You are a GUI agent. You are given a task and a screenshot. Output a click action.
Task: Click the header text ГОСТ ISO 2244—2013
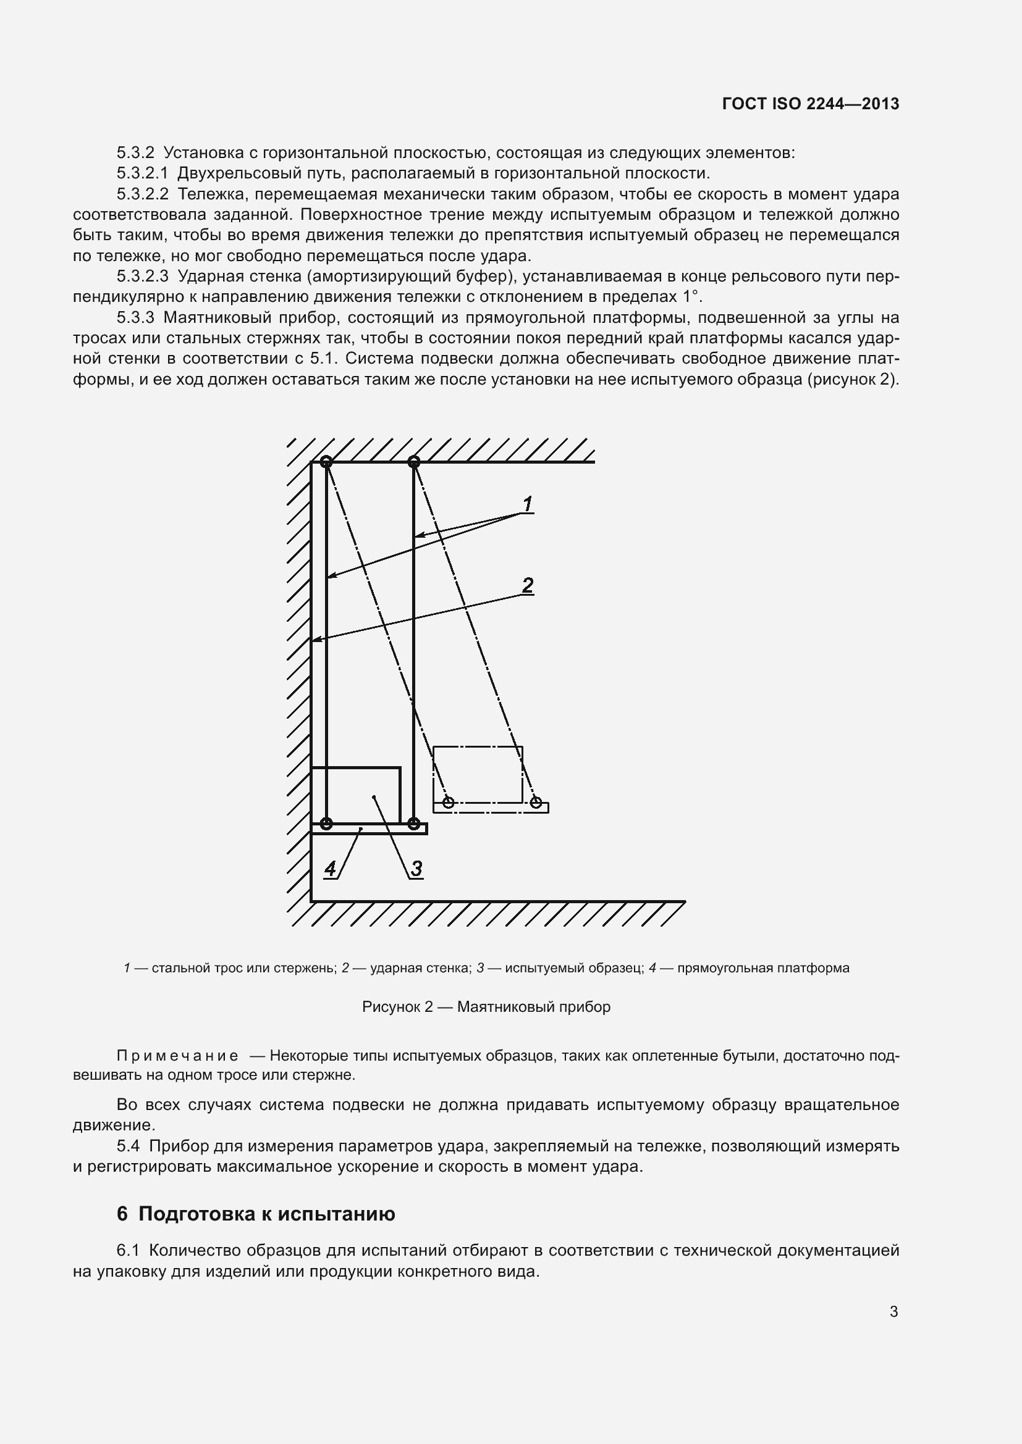[811, 104]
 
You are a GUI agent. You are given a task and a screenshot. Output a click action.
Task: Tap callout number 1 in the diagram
[527, 504]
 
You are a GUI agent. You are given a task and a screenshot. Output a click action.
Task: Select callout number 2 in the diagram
[527, 585]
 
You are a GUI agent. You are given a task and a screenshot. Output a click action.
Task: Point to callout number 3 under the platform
[416, 869]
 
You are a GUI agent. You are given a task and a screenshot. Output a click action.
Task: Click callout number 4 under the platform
[330, 869]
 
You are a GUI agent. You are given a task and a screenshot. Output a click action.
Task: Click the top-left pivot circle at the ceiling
[326, 462]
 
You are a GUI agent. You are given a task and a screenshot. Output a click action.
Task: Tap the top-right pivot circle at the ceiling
[413, 462]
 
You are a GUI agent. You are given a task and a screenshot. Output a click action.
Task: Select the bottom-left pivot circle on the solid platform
[326, 824]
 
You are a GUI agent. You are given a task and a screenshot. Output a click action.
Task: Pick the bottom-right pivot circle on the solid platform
[413, 824]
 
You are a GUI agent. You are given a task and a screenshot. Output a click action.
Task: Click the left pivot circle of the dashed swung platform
[448, 803]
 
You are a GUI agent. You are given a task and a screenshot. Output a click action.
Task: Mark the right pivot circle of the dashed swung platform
[536, 803]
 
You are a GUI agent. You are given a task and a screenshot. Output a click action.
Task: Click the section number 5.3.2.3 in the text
[142, 276]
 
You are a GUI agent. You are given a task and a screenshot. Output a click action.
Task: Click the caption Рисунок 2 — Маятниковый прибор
[486, 1007]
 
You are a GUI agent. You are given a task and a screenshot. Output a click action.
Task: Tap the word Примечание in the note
[177, 1055]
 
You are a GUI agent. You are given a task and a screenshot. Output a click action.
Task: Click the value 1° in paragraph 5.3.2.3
[691, 297]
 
